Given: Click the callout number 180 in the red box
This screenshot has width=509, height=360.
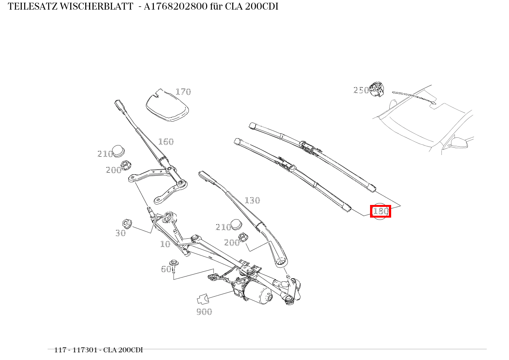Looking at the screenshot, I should pyautogui.click(x=380, y=211).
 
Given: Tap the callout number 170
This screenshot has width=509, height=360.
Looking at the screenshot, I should pyautogui.click(x=183, y=92).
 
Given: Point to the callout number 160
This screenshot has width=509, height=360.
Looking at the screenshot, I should pyautogui.click(x=166, y=142).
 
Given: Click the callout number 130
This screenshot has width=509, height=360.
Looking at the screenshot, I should pyautogui.click(x=252, y=200).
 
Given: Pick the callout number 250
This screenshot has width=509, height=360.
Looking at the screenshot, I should pyautogui.click(x=361, y=90).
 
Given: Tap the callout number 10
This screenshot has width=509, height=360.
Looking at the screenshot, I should pyautogui.click(x=165, y=244).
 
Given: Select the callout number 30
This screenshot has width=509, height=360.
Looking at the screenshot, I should pyautogui.click(x=121, y=233).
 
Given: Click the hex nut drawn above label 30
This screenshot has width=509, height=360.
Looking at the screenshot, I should pyautogui.click(x=127, y=223).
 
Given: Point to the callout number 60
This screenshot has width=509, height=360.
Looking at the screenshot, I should pyautogui.click(x=166, y=269).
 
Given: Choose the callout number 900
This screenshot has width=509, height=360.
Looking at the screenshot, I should pyautogui.click(x=204, y=312).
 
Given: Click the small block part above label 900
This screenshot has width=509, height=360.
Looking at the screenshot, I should pyautogui.click(x=202, y=299).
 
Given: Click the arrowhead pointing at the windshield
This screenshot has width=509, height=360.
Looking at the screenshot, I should pyautogui.click(x=433, y=102).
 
